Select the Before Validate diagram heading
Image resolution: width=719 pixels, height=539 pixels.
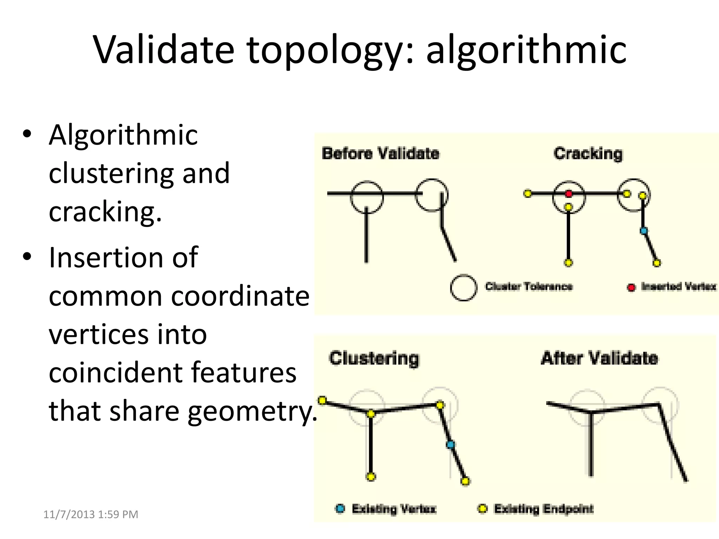pyautogui.click(x=381, y=154)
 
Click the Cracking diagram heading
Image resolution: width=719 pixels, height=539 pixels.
pyautogui.click(x=588, y=154)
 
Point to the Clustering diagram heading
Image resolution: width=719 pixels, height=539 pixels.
pyautogui.click(x=374, y=359)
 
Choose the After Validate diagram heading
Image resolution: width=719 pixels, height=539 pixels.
pyautogui.click(x=599, y=358)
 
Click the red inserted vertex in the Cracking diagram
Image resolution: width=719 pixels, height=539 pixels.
pyautogui.click(x=569, y=194)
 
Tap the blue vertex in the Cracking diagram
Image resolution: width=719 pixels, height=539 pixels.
pyautogui.click(x=644, y=231)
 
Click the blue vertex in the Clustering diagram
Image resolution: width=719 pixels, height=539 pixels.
pyautogui.click(x=450, y=445)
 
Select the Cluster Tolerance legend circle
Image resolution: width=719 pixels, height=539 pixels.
pyautogui.click(x=463, y=287)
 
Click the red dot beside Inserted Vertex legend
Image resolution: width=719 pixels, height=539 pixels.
pyautogui.click(x=631, y=288)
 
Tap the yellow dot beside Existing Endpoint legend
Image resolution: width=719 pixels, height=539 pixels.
pyautogui.click(x=483, y=509)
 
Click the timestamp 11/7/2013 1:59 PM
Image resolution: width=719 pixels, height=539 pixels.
pyautogui.click(x=91, y=514)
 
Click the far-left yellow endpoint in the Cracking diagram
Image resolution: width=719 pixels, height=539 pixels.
pyautogui.click(x=528, y=193)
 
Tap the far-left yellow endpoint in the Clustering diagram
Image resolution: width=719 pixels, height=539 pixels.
pyautogui.click(x=322, y=400)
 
